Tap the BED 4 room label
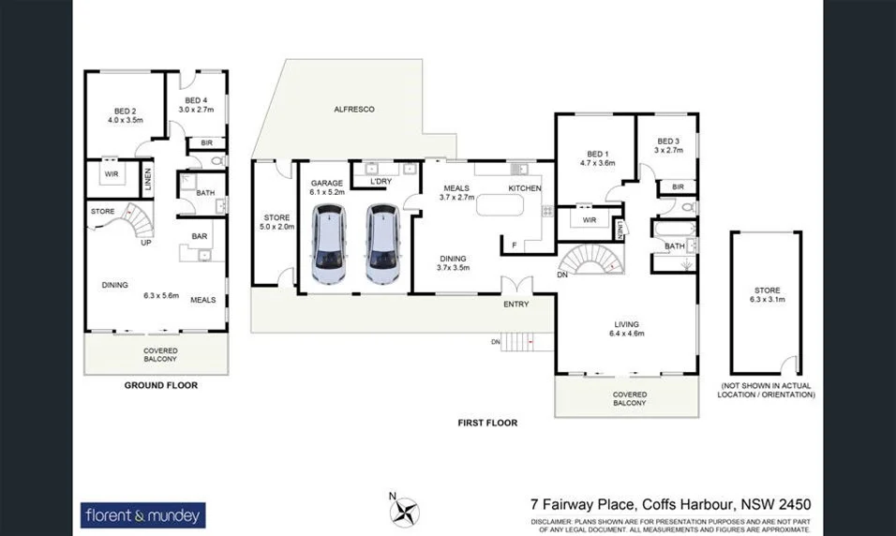(195, 100)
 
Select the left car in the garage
(328, 246)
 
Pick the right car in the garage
(383, 246)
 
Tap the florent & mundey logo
(144, 514)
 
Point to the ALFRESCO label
(354, 110)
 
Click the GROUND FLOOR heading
(161, 385)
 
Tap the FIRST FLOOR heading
(487, 423)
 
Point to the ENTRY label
(516, 304)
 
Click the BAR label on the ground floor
(199, 236)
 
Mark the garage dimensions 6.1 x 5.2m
(327, 191)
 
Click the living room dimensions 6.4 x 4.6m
(627, 333)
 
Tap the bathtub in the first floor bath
(674, 228)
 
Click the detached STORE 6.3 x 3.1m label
(767, 295)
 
